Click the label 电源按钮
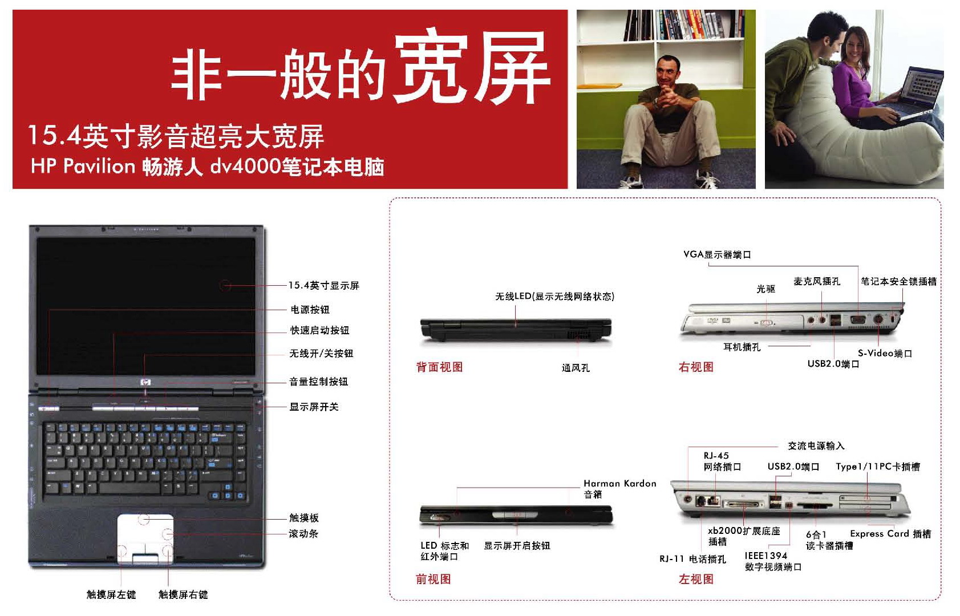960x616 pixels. point(310,310)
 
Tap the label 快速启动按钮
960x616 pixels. point(319,330)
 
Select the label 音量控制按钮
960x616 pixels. point(318,382)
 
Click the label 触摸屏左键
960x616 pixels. point(111,594)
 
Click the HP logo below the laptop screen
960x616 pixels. point(145,382)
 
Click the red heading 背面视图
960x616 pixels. point(439,367)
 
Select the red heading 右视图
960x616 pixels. point(696,367)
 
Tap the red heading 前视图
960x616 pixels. point(434,579)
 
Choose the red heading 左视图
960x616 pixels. point(696,579)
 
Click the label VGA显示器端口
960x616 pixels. point(717,254)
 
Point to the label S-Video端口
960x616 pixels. point(885,353)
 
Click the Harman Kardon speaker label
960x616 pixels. point(619,489)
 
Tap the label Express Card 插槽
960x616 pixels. point(890,534)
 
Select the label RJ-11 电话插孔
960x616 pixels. point(692,559)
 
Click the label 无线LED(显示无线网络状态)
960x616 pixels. point(554,296)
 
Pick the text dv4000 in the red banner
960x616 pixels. point(245,167)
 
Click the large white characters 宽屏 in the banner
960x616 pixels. point(471,68)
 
